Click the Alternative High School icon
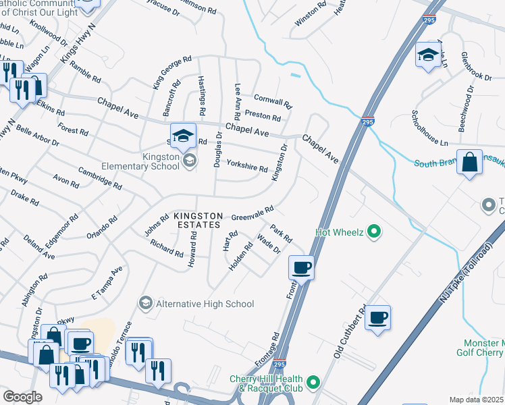pos(144,304)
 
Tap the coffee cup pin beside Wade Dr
pos(301,267)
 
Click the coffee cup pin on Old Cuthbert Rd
pos(378,317)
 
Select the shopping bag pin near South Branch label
pos(469,163)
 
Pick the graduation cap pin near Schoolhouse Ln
pos(429,55)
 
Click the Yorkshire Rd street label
pos(246,165)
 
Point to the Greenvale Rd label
pos(252,213)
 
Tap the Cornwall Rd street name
pos(272,101)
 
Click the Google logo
pos(22,397)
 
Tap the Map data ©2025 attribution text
pos(476,400)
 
